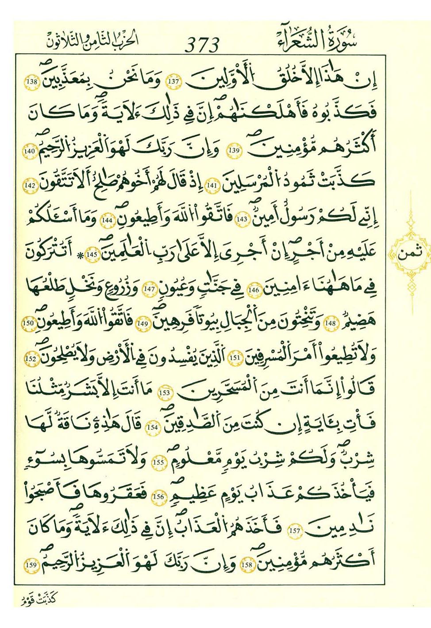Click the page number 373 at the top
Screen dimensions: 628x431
pyautogui.click(x=202, y=45)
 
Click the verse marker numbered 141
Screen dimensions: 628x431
pyautogui.click(x=212, y=186)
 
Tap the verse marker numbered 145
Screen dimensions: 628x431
pyautogui.click(x=92, y=255)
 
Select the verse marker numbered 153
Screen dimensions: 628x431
pyautogui.click(x=164, y=392)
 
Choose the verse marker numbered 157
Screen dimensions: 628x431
pyautogui.click(x=294, y=530)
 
